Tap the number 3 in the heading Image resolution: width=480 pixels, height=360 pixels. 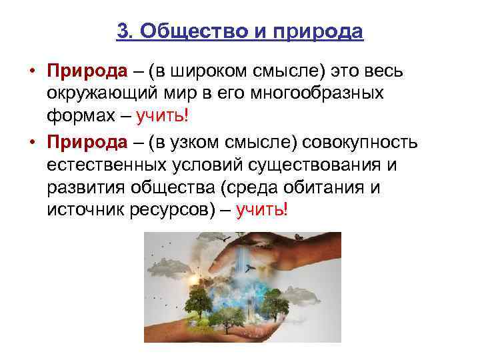121,31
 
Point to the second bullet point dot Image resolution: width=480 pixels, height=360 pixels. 31,141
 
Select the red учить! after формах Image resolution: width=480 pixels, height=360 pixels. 163,117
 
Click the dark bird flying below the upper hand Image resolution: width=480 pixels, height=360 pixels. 251,267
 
